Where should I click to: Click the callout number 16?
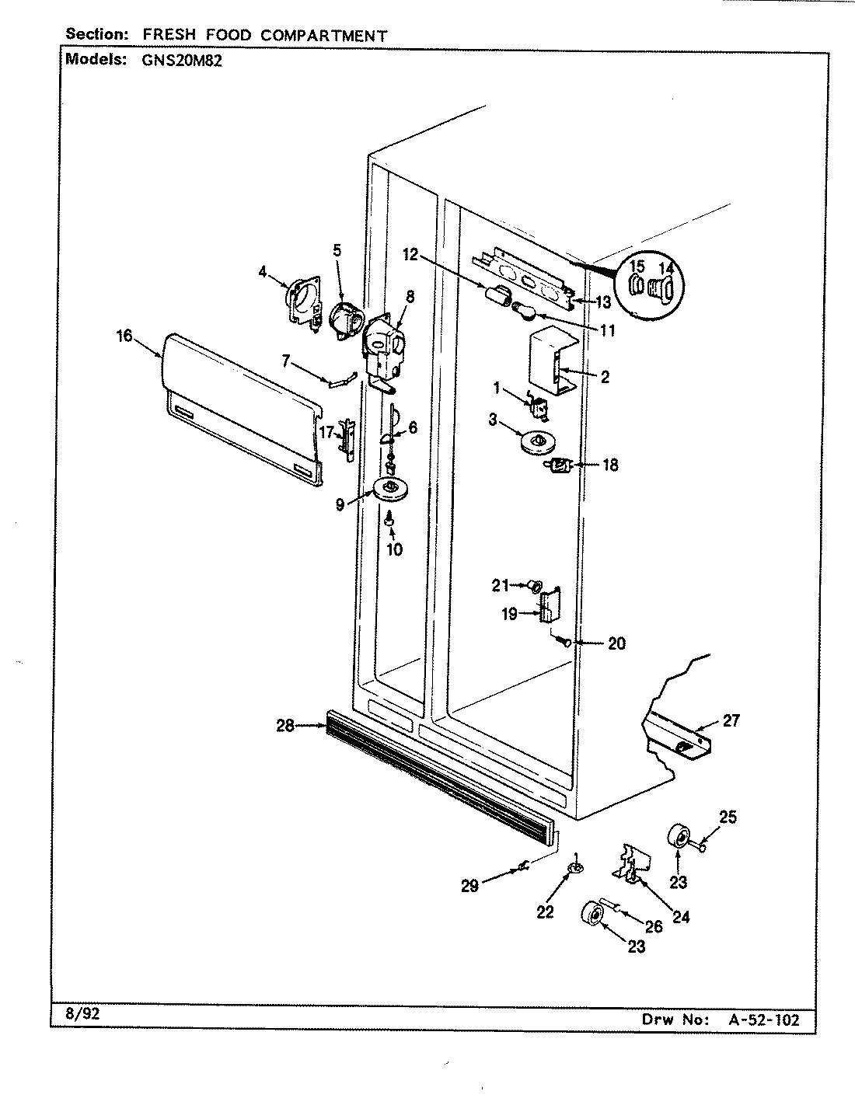(x=124, y=336)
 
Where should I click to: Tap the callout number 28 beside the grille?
(x=285, y=726)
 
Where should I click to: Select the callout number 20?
(x=616, y=643)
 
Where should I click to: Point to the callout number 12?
(x=410, y=253)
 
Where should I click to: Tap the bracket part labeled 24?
(x=631, y=864)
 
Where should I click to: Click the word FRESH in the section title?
(x=177, y=35)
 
